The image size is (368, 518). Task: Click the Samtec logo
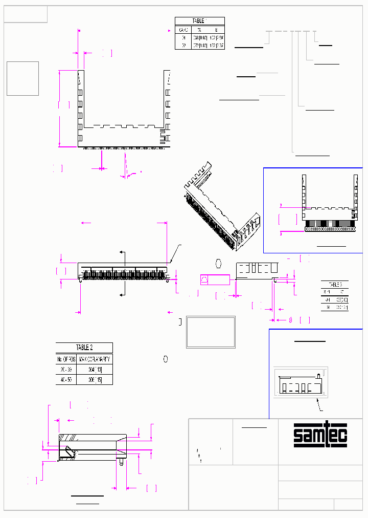[320, 436]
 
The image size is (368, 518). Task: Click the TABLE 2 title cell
[84, 347]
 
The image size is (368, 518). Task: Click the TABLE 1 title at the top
[199, 21]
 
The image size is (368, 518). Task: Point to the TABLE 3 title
[334, 284]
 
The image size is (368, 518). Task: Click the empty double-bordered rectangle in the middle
[211, 332]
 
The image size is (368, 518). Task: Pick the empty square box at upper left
[22, 78]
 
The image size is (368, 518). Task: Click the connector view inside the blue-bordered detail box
[329, 205]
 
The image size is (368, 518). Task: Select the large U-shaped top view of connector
[124, 110]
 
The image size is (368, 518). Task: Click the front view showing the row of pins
[124, 272]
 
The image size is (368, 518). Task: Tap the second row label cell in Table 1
[183, 46]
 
